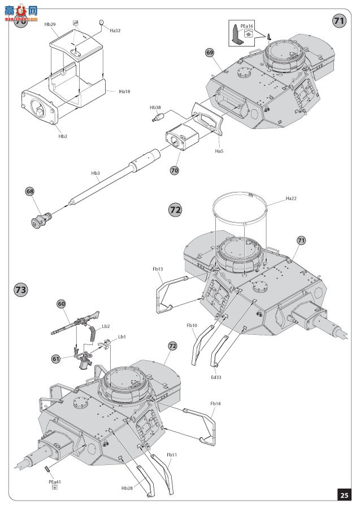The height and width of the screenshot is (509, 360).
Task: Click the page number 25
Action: click(x=344, y=495)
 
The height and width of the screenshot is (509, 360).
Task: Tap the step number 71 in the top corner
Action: click(x=339, y=21)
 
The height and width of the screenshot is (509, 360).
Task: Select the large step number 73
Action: click(x=21, y=289)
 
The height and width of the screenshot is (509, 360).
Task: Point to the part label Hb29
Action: click(x=50, y=24)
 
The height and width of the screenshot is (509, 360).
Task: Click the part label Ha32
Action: click(x=115, y=31)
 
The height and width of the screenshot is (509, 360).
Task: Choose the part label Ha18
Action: click(x=124, y=92)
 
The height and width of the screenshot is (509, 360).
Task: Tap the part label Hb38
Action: click(x=155, y=107)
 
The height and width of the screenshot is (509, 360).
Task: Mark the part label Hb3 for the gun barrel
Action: click(x=96, y=173)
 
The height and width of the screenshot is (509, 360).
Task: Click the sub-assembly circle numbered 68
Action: click(x=30, y=191)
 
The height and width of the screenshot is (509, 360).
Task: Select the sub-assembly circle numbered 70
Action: click(x=175, y=170)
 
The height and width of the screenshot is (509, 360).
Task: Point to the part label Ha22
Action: click(x=291, y=199)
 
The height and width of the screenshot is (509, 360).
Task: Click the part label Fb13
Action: click(x=158, y=269)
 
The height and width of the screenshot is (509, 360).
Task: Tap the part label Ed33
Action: click(x=216, y=377)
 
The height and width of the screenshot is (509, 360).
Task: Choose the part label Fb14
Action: click(x=215, y=403)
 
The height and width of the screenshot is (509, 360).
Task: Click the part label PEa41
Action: click(x=55, y=482)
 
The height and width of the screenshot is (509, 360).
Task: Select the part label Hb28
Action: click(x=127, y=488)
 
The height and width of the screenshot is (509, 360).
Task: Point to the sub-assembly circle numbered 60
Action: click(x=61, y=304)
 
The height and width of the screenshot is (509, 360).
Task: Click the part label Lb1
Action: click(x=122, y=337)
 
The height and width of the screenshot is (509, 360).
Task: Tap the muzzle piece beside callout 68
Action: click(x=41, y=220)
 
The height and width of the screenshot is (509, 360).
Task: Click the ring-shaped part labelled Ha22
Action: click(x=240, y=192)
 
